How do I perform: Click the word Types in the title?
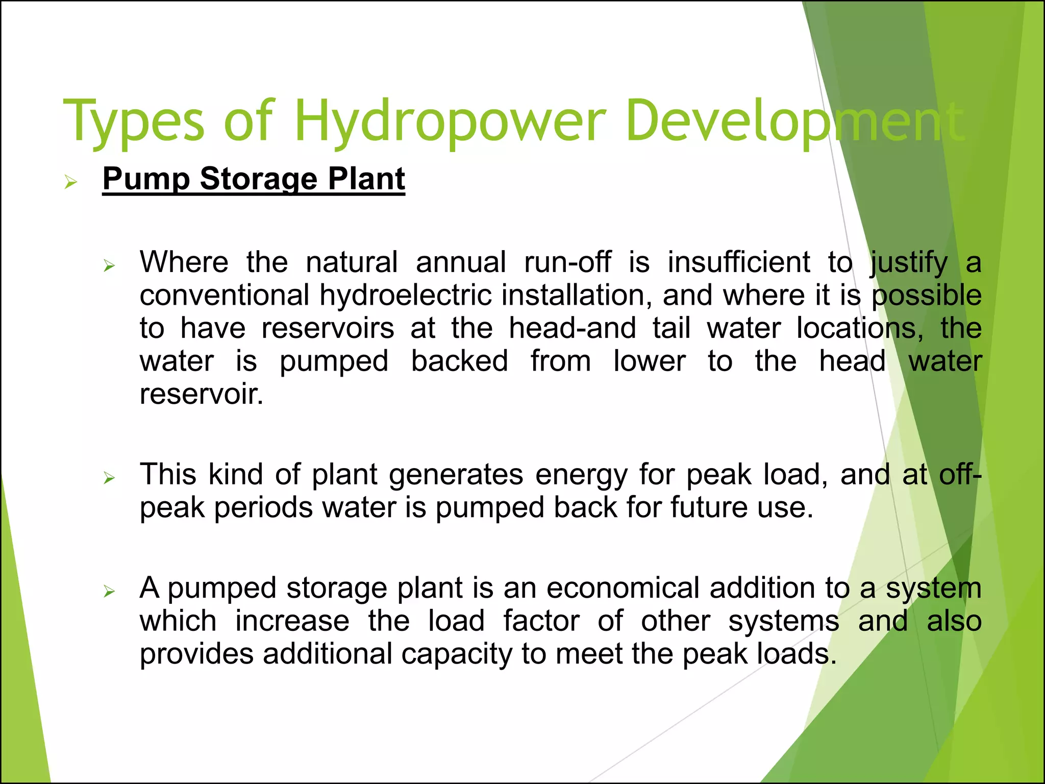[x=134, y=121]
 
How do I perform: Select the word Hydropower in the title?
[x=450, y=121]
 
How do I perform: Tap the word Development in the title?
[x=794, y=121]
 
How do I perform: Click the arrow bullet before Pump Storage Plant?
[x=70, y=182]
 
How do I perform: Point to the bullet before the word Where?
[x=109, y=265]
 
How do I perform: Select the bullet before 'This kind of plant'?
[x=109, y=478]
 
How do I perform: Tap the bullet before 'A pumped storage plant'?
[x=109, y=592]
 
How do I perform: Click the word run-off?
[x=567, y=262]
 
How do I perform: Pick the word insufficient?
[x=739, y=262]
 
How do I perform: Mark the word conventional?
[x=225, y=296]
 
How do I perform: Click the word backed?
[x=459, y=361]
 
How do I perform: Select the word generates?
[x=456, y=475]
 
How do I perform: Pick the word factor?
[x=541, y=621]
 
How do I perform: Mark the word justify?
[x=909, y=262]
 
